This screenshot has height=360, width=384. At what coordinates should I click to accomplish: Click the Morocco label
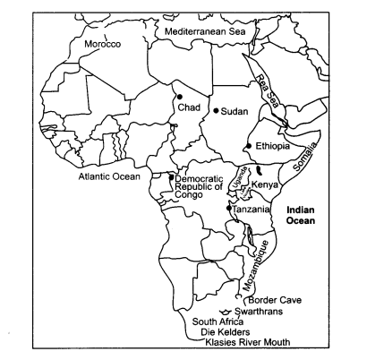coord(101,43)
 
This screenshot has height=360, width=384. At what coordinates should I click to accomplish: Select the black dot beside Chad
coord(179,95)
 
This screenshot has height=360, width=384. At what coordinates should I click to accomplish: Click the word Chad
coord(190,107)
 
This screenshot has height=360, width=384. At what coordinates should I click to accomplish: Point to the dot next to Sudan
coord(216,111)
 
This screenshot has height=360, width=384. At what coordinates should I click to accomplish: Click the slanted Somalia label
coord(303,159)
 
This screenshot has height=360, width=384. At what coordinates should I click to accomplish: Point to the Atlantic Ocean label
coord(109,176)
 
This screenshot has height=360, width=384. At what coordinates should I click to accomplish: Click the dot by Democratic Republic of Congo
coord(171,177)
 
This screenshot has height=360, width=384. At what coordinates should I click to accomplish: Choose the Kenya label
coord(266,184)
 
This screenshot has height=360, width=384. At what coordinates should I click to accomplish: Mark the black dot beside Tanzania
coord(229,208)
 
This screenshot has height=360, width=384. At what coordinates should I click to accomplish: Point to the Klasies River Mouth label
coord(246,340)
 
